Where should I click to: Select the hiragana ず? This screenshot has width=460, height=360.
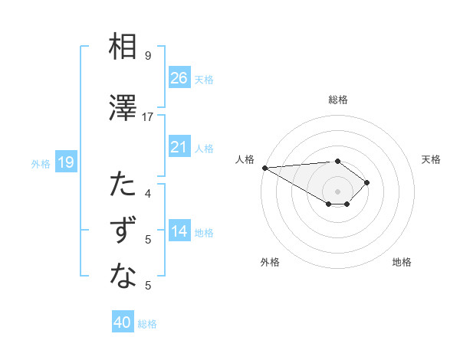point(123,231)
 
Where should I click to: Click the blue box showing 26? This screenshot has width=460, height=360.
point(179,78)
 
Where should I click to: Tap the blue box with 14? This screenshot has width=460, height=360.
point(179,232)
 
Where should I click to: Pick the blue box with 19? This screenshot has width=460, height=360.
point(65,162)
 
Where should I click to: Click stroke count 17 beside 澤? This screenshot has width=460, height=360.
point(148,116)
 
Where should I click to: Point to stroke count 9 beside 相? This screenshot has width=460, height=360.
point(148,56)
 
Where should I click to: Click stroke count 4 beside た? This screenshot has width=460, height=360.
point(148,193)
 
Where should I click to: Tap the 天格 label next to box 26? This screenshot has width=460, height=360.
point(204,80)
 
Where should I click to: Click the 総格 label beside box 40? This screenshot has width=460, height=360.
point(147,324)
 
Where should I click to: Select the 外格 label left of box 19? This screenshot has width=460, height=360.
point(41,163)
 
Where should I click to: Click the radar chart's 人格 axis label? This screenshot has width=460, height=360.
point(245,159)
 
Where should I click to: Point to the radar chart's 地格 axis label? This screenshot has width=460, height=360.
point(402,262)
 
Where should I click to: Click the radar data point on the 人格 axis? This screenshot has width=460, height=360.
point(264,168)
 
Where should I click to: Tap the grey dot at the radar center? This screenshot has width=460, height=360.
point(337,190)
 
